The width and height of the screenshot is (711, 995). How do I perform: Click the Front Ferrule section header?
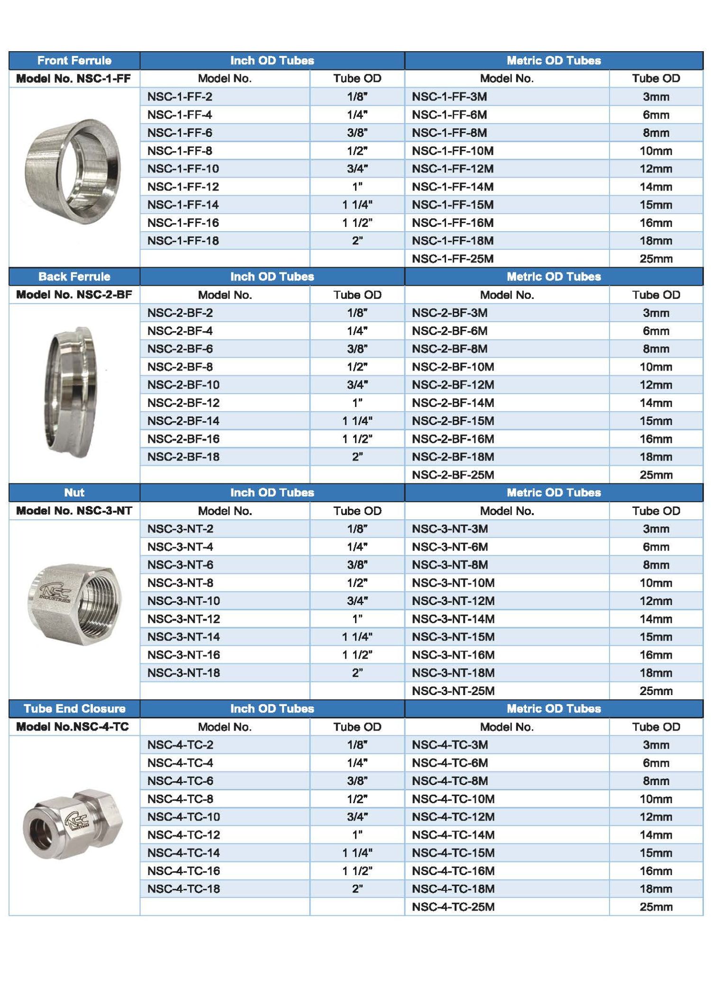74,61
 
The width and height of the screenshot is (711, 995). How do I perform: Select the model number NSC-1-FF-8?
180,151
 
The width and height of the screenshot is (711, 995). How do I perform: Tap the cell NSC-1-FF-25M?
452,259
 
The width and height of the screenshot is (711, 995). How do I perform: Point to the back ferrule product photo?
73,392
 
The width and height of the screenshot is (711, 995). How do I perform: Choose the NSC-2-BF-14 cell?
183,421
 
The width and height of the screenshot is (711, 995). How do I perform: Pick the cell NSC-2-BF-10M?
453,367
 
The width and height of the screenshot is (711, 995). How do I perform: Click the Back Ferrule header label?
74,277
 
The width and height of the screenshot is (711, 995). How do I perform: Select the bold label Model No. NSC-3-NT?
74,511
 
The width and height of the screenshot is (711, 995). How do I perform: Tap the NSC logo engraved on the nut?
56,592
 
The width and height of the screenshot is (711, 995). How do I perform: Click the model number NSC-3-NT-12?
183,619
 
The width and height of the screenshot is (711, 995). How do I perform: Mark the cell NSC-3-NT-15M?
453,637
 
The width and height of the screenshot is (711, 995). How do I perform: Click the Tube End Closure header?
74,709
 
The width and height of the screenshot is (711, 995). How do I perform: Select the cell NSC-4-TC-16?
183,871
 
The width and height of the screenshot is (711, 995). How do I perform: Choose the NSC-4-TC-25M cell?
453,907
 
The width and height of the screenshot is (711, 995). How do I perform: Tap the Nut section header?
74,493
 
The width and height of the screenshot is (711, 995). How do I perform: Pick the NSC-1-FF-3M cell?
449,97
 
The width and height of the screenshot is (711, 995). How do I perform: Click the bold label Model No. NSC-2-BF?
74,295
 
